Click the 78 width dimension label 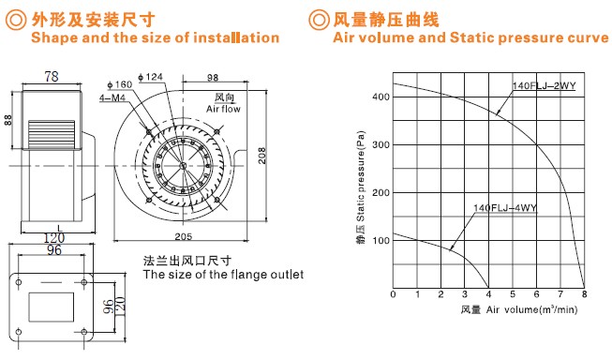coord(52,76)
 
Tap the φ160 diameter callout coord(120,84)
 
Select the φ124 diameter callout coord(150,77)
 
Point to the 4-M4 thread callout coord(112,97)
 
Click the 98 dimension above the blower coord(213,78)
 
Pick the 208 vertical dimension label coord(261,155)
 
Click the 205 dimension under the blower coord(183,236)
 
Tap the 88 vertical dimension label coord(7,120)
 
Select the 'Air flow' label coord(223,109)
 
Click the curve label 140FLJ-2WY coord(544,85)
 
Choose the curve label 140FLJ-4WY coord(505,208)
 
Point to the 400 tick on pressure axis coord(381,97)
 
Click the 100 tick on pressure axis coord(381,241)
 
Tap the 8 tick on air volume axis coord(584,294)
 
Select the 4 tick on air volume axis coord(488,294)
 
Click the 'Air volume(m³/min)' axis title coord(531,309)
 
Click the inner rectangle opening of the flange coord(52,307)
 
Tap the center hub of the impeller coord(183,166)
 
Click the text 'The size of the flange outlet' coord(223,275)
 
